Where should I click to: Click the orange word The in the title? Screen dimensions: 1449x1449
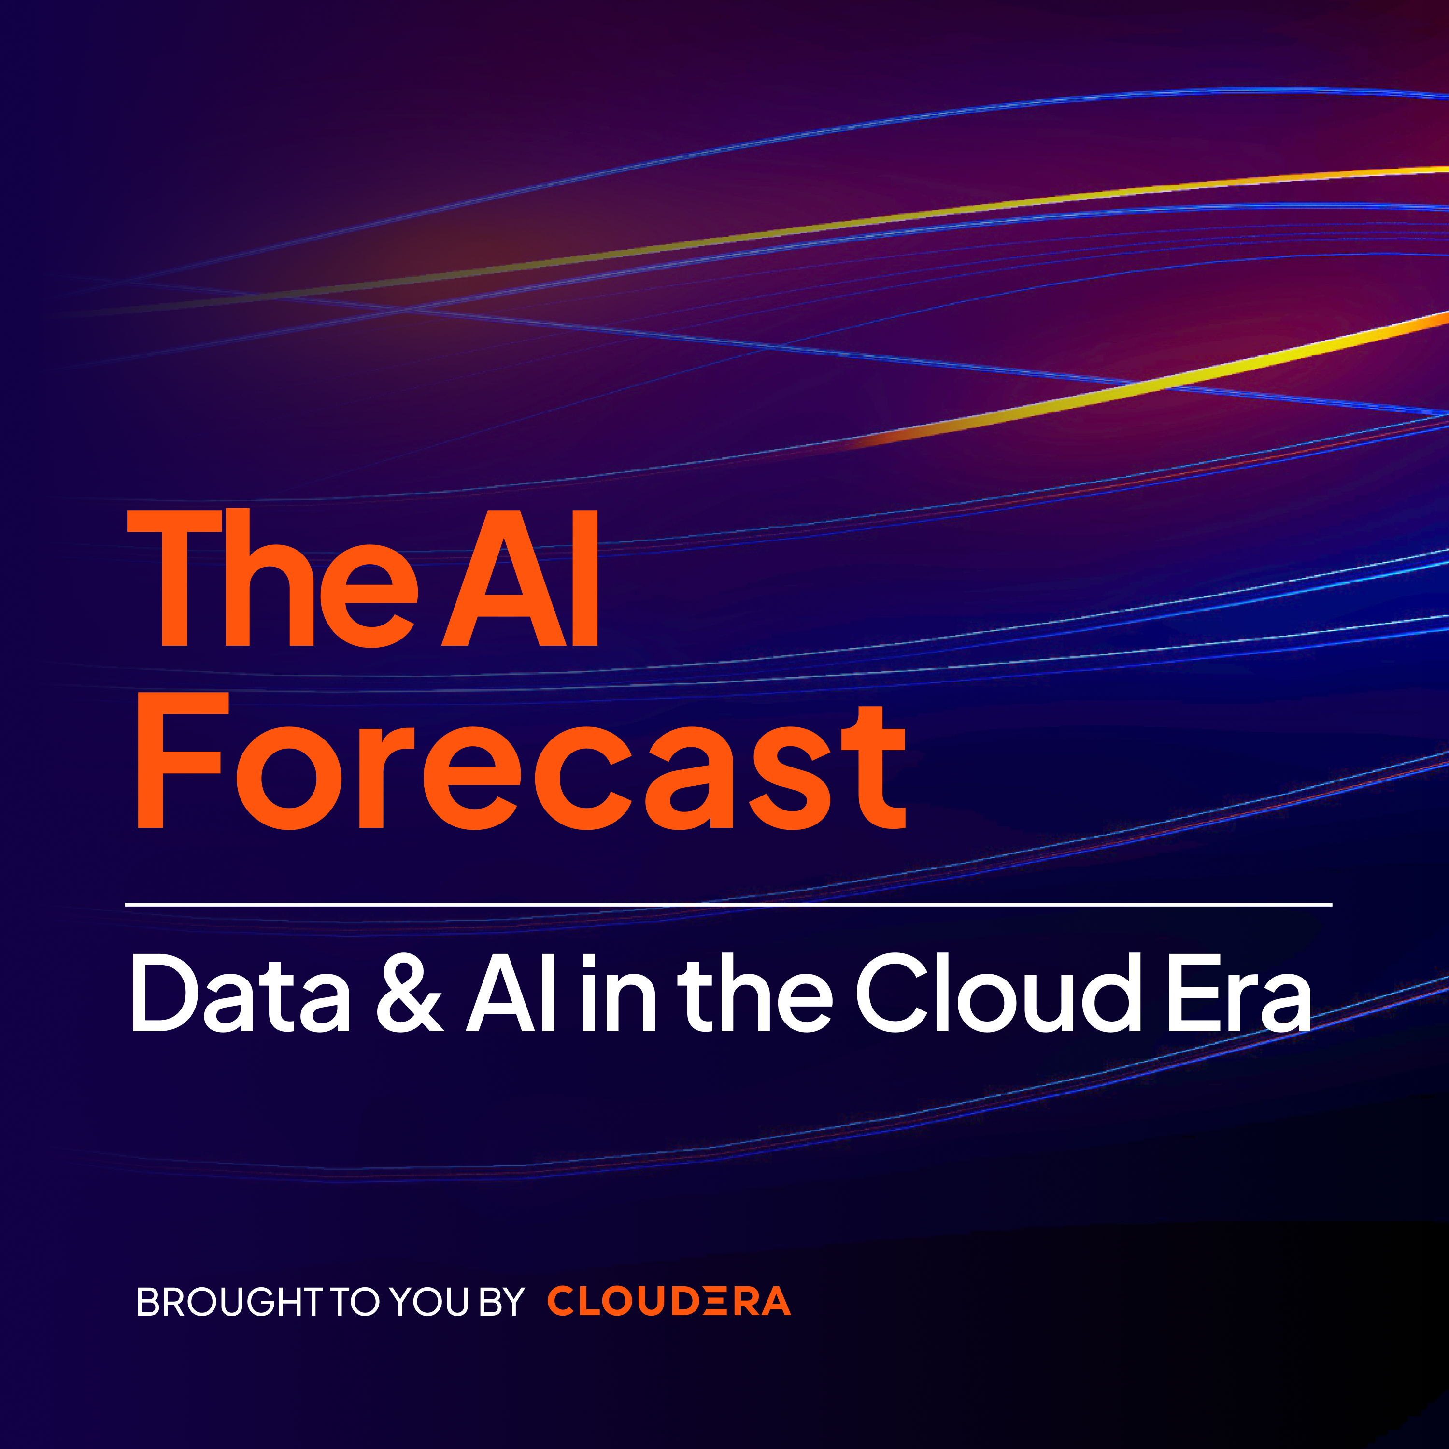coord(271,578)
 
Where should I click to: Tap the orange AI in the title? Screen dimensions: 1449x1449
coord(520,578)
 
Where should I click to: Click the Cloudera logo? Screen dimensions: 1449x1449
coord(669,1301)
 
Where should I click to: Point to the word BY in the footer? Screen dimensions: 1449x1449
coord(502,1301)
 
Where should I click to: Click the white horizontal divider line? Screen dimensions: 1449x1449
coord(728,905)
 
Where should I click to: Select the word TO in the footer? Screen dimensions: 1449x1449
coord(355,1301)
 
